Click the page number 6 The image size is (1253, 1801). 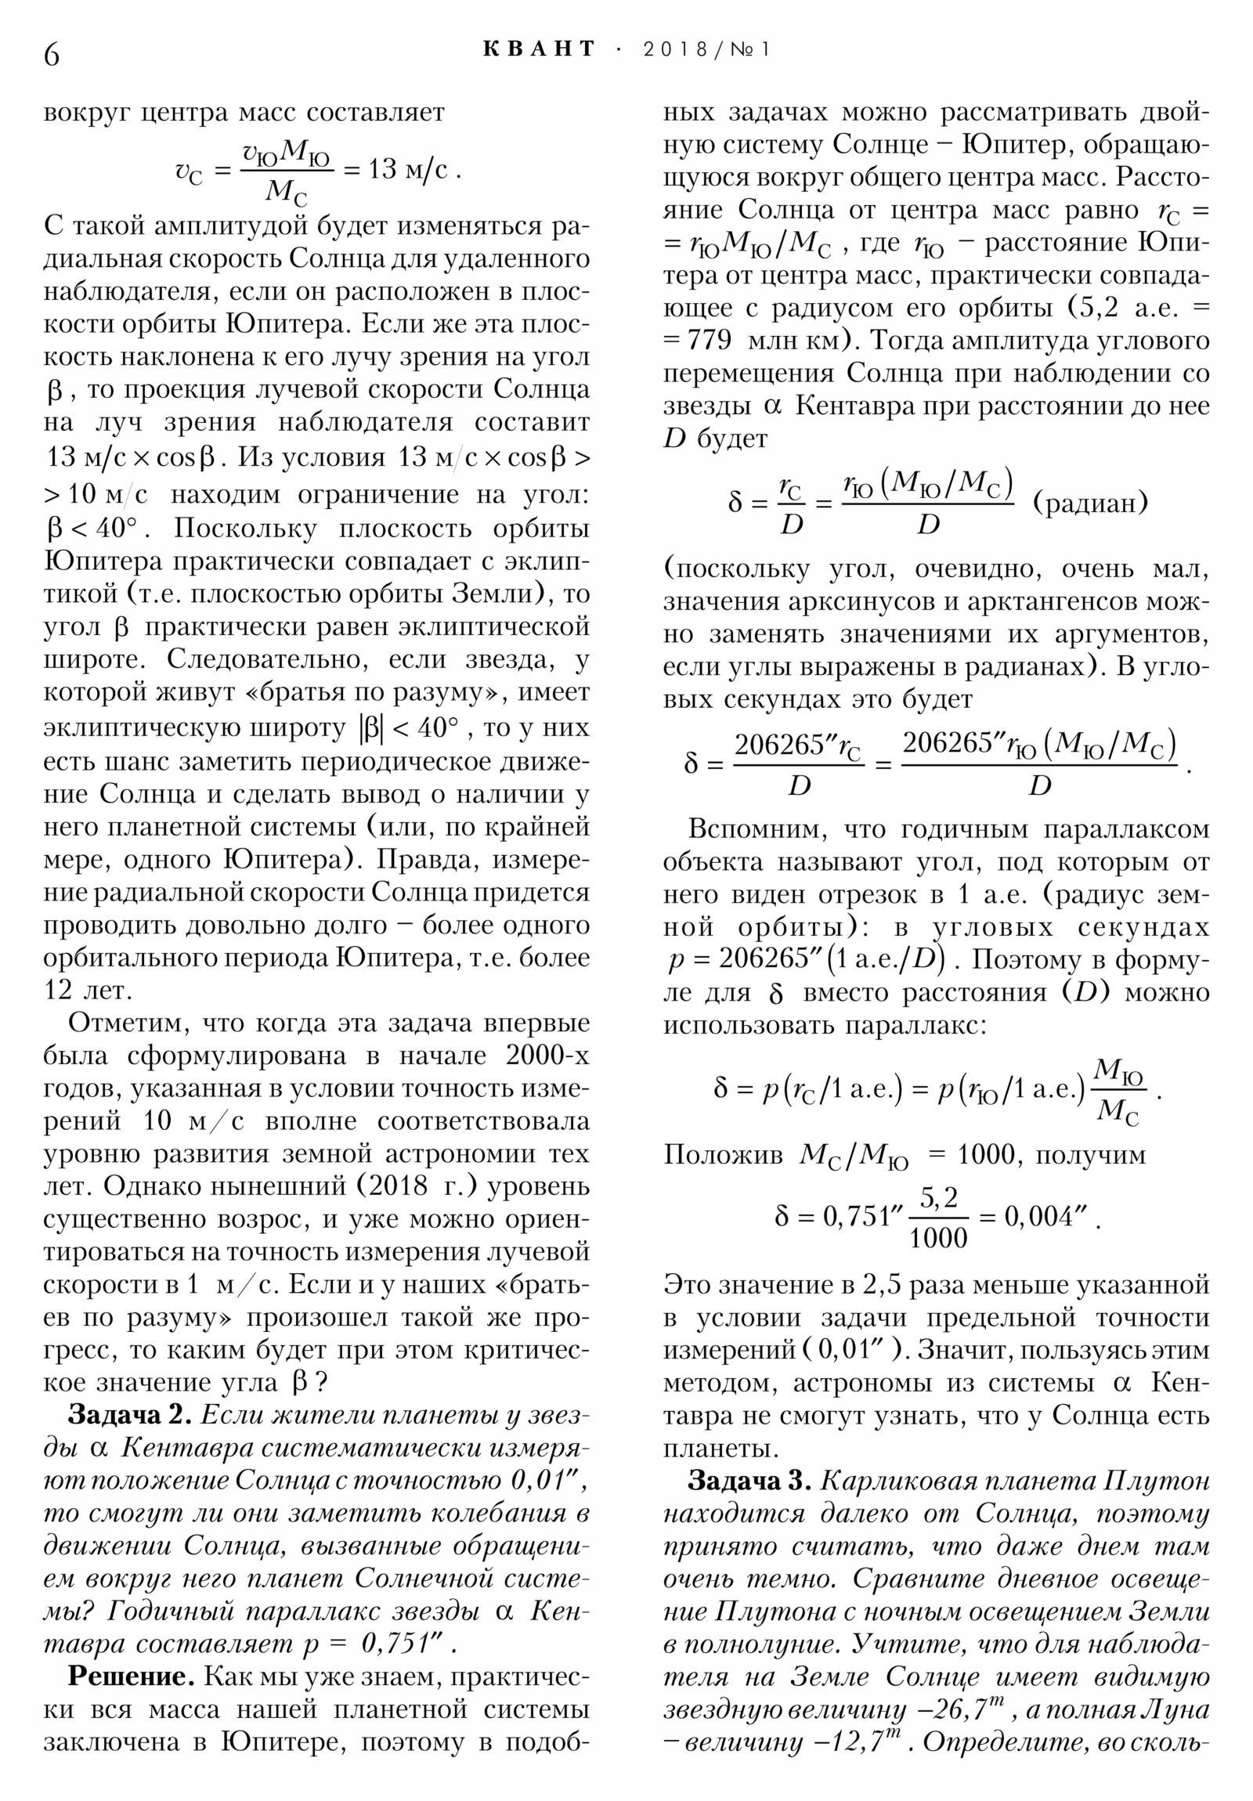click(52, 54)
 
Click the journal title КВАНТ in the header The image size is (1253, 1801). click(540, 49)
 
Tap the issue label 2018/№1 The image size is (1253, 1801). click(706, 49)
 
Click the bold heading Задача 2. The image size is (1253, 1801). click(129, 1414)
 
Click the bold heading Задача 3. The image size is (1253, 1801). click(749, 1480)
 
